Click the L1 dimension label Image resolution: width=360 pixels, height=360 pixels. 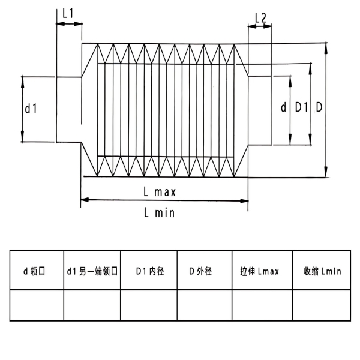(x=68, y=13)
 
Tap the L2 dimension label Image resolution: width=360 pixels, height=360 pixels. (x=260, y=18)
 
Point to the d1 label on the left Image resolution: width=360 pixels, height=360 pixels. (x=31, y=109)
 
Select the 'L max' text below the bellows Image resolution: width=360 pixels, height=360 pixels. (x=160, y=192)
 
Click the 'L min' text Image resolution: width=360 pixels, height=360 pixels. (x=160, y=212)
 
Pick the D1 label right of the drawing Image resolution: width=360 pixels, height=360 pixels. (x=301, y=107)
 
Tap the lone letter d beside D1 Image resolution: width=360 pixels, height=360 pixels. (x=284, y=107)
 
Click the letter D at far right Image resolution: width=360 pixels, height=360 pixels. (x=319, y=107)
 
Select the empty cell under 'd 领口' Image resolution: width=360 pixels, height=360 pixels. (x=37, y=305)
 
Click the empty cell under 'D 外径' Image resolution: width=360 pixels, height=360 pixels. (x=205, y=305)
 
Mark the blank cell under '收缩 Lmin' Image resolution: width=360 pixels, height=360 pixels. (x=322, y=305)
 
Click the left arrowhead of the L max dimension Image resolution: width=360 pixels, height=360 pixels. (x=85, y=200)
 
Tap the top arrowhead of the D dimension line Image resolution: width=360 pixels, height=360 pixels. (x=326, y=47)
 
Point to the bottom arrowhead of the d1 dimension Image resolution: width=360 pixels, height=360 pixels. (x=23, y=137)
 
